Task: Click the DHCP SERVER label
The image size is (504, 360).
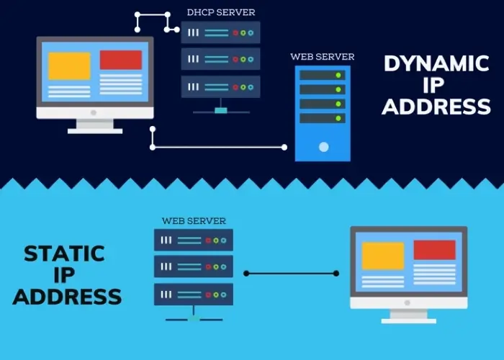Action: click(220, 12)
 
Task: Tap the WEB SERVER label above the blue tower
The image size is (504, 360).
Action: click(322, 56)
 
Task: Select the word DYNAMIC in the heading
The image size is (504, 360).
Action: click(436, 63)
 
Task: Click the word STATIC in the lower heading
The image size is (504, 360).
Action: click(64, 253)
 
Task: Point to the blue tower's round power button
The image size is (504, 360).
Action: click(323, 147)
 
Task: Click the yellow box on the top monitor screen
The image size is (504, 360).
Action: click(69, 66)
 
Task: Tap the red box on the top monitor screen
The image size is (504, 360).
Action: click(120, 60)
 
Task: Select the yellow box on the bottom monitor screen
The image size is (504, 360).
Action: click(382, 256)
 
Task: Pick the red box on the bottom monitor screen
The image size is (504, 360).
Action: click(434, 250)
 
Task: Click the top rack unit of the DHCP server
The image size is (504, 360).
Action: click(220, 32)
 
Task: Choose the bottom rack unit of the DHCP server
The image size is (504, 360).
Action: click(220, 86)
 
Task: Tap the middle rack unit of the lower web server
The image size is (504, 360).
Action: click(194, 266)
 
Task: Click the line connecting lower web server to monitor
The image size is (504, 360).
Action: click(292, 274)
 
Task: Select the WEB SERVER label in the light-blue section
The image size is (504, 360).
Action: click(194, 220)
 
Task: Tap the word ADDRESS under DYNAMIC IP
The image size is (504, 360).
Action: click(436, 107)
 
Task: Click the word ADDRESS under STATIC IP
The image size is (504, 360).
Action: click(67, 296)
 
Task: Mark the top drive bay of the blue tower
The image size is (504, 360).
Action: click(323, 75)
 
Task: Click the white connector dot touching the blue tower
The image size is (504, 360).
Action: click(284, 148)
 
